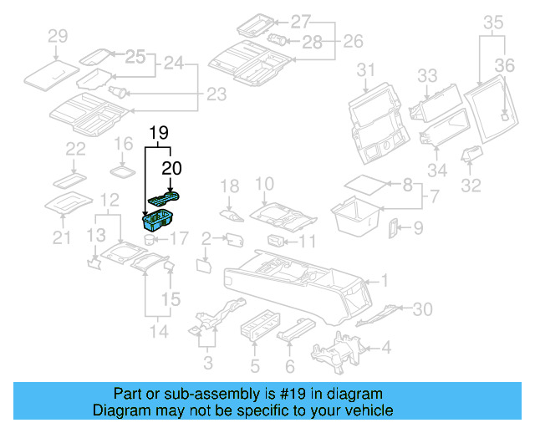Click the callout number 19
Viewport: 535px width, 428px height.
159,133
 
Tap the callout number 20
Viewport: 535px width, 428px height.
171,168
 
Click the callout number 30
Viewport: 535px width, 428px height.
423,309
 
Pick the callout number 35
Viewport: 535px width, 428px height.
493,23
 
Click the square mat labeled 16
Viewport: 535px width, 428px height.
124,171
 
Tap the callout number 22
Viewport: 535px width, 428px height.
76,150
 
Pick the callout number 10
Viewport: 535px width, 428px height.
263,184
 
